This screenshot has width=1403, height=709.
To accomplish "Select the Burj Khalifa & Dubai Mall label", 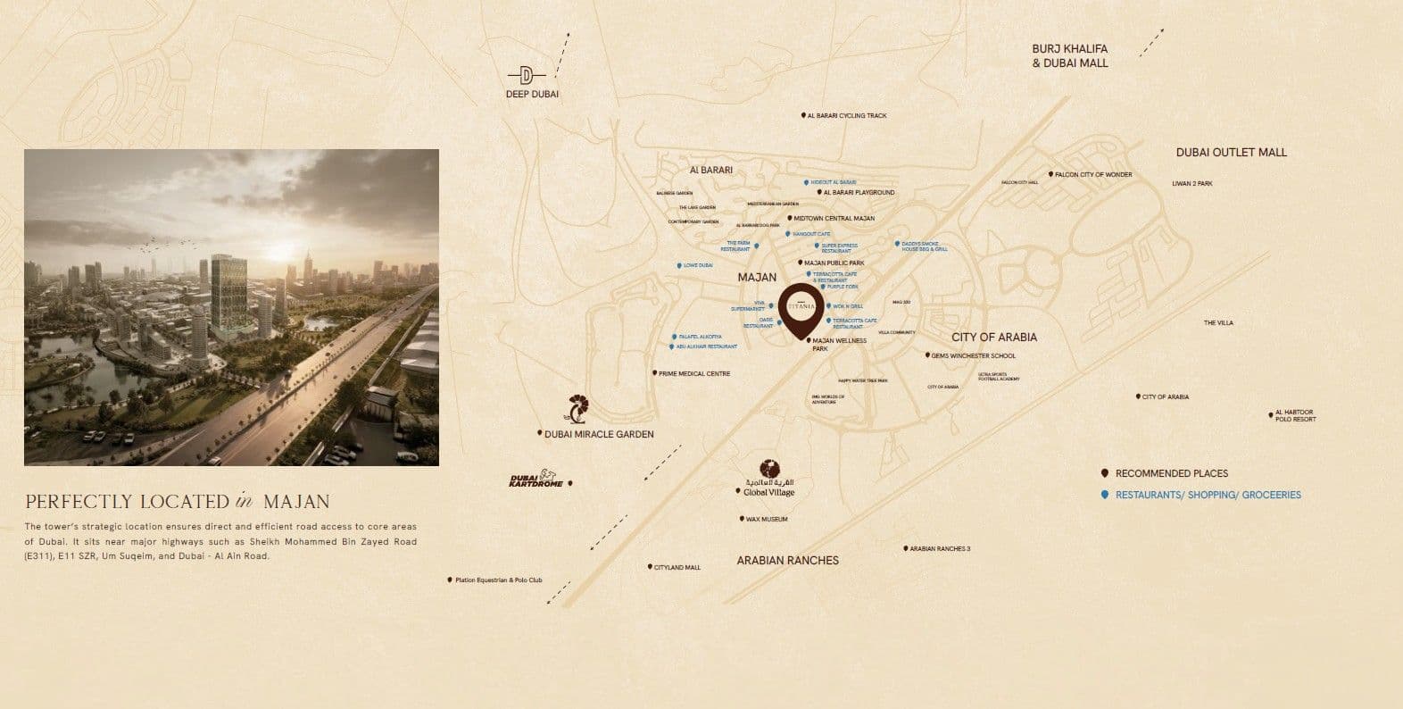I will (x=1069, y=56).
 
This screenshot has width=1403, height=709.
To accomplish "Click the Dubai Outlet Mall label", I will (x=1231, y=153).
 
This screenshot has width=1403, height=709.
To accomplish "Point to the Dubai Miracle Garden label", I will (x=599, y=435).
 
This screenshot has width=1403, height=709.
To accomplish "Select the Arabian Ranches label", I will (x=787, y=561).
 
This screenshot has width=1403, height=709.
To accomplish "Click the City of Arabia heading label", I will (x=993, y=338).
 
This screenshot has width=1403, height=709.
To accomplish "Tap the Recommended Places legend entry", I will (x=1171, y=473).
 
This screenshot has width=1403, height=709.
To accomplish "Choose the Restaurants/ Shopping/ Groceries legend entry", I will (x=1208, y=495).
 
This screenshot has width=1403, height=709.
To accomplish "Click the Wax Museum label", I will (x=766, y=519).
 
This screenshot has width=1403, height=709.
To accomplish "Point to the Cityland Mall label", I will (x=677, y=567).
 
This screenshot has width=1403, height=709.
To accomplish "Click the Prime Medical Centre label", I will (x=693, y=373).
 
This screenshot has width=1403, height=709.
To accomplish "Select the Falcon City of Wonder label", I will (x=1092, y=175).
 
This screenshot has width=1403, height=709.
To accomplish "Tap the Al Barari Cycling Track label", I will (x=846, y=116).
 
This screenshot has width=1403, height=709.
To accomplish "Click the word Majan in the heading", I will (x=297, y=502).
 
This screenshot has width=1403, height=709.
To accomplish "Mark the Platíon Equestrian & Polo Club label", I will (x=498, y=580).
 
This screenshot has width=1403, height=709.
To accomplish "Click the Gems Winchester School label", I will (x=973, y=355).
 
